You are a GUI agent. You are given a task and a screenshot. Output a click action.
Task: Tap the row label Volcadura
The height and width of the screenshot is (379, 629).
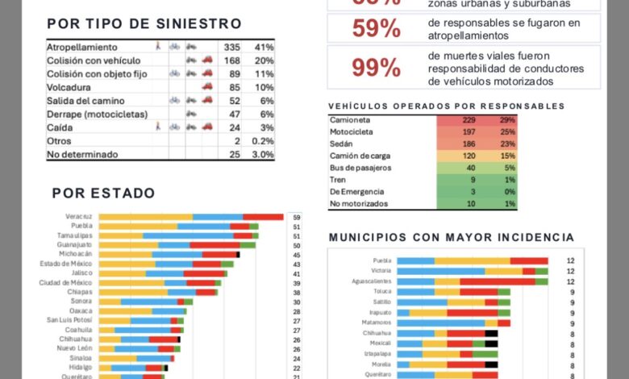pyautogui.click(x=69, y=86)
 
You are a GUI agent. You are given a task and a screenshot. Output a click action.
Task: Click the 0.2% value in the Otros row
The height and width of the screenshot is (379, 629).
pyautogui.click(x=263, y=141)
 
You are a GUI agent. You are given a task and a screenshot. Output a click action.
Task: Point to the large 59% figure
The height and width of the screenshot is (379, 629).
pyautogui.click(x=376, y=28)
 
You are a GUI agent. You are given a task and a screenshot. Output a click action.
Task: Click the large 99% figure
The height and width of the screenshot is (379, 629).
pyautogui.click(x=376, y=68)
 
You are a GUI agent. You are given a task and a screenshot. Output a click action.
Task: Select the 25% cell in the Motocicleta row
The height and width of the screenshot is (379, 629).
pyautogui.click(x=506, y=131)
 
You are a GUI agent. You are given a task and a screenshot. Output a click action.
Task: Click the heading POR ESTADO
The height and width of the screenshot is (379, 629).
pyautogui.click(x=103, y=194)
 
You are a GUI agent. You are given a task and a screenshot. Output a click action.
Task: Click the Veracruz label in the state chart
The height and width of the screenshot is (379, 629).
pyautogui.click(x=79, y=217)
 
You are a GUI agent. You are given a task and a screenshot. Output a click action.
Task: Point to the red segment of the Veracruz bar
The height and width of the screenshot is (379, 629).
pyautogui.click(x=263, y=217)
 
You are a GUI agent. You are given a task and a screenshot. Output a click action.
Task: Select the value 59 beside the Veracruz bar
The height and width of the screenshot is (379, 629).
pyautogui.click(x=297, y=218)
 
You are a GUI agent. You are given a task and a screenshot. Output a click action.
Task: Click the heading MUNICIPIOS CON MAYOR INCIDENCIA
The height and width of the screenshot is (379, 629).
pyautogui.click(x=452, y=237)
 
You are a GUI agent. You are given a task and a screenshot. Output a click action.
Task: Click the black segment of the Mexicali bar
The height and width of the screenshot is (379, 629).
pyautogui.click(x=491, y=344)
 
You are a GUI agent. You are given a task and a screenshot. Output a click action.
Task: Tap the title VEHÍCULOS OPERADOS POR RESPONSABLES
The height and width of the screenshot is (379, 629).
pyautogui.click(x=446, y=106)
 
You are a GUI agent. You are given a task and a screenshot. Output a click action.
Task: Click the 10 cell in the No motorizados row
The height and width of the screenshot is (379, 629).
pyautogui.click(x=469, y=203)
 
